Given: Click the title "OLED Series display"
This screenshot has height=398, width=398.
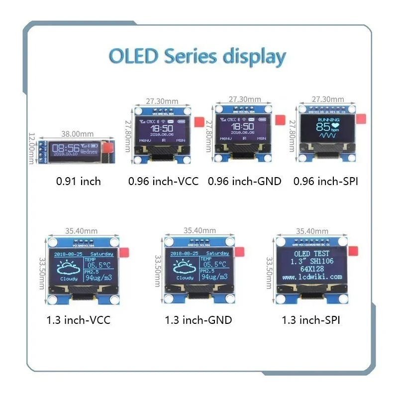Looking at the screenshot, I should click(198, 56).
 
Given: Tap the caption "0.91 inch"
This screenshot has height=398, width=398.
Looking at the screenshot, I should click(78, 181).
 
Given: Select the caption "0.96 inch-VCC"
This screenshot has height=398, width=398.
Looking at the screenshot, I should click(163, 181).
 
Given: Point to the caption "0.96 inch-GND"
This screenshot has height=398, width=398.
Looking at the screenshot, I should click(244, 181).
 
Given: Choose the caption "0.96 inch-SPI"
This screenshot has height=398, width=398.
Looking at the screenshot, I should click(326, 181).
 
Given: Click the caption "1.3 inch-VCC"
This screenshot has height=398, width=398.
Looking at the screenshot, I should click(78, 320).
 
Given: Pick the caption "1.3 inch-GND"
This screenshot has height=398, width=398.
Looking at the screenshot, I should click(198, 320).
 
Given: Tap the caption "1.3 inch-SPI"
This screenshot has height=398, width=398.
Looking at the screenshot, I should click(311, 320).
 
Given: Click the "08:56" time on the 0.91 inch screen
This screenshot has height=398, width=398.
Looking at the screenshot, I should click(66, 148).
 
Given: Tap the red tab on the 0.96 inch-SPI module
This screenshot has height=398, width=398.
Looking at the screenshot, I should click(361, 118).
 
